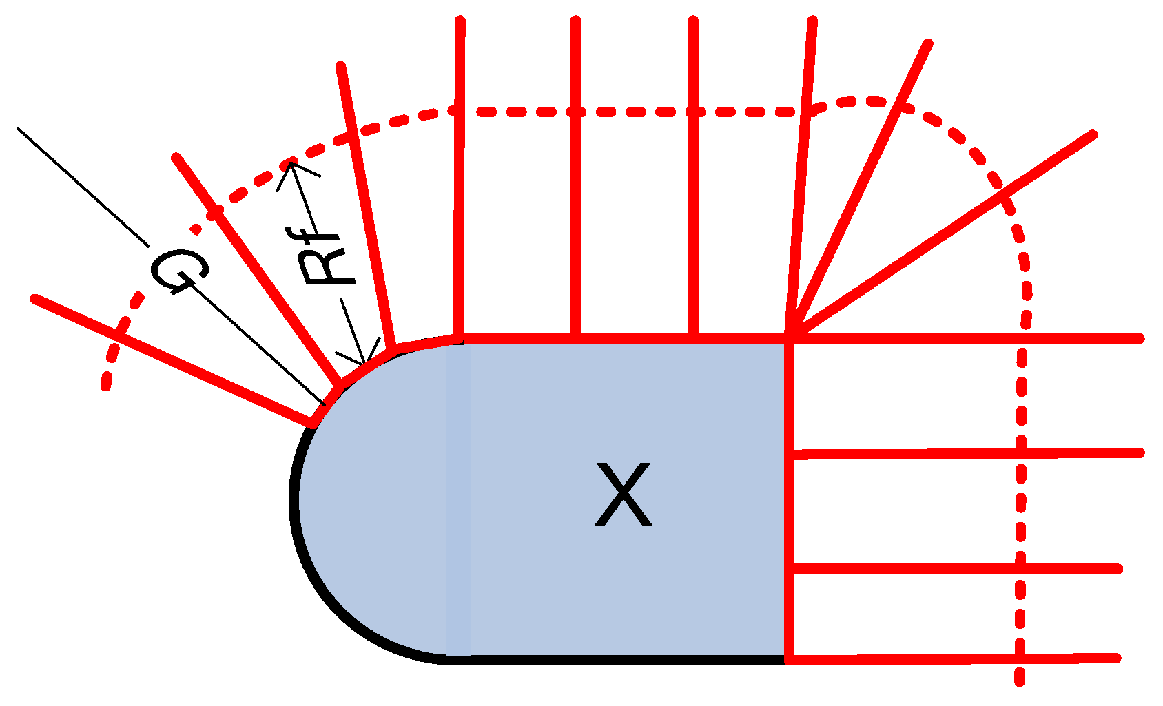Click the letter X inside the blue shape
623,495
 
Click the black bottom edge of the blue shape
620,660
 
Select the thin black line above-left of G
83,187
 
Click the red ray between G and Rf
255,269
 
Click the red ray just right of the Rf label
365,207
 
